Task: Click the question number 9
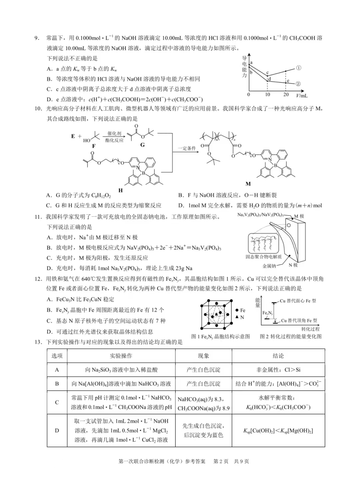(37, 38)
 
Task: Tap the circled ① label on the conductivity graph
(299, 68)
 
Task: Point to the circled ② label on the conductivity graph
(298, 84)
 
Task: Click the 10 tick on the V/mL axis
(268, 95)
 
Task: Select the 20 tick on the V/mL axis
(286, 95)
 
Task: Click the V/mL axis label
(302, 95)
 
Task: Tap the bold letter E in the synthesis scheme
(73, 136)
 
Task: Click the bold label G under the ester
(142, 145)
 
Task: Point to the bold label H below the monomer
(120, 190)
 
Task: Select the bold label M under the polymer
(248, 184)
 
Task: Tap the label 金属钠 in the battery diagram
(269, 266)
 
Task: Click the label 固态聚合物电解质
(264, 257)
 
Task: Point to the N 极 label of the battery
(293, 265)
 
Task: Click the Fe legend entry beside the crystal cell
(240, 310)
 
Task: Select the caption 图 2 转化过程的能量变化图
(291, 336)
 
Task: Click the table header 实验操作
(121, 356)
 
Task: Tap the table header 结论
(278, 356)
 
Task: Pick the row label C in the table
(57, 402)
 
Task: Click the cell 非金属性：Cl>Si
(278, 370)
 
